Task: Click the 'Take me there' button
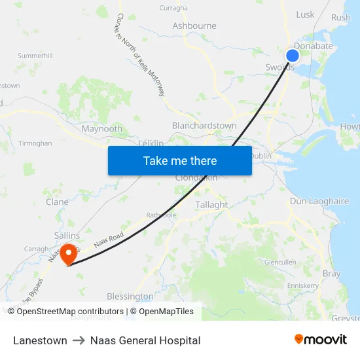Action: (180, 160)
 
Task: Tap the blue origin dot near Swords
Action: (293, 56)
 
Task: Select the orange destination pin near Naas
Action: (69, 254)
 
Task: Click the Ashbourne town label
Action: (194, 26)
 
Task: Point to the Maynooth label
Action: (101, 129)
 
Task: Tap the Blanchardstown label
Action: (204, 126)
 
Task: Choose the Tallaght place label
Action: (211, 205)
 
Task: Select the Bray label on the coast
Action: (331, 274)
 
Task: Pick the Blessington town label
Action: (130, 297)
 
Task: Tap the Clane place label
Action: (57, 202)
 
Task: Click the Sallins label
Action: (67, 236)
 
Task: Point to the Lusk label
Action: (305, 14)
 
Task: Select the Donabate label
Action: (314, 46)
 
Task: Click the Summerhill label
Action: (35, 56)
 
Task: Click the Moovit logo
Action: (320, 339)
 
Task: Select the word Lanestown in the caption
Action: (40, 340)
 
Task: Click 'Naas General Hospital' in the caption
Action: (145, 340)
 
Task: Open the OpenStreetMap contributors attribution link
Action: (70, 312)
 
